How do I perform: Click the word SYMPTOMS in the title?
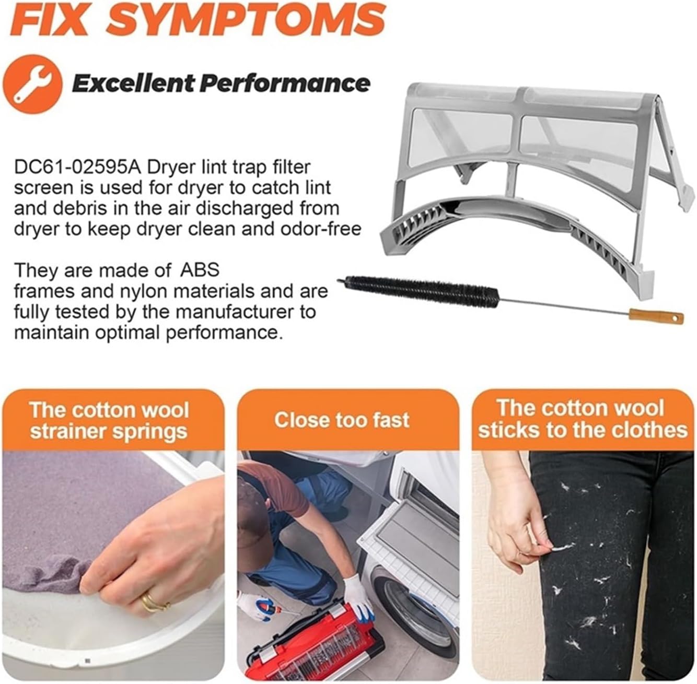tap(248, 20)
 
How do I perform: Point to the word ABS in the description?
tap(200, 270)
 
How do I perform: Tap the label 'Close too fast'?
tap(342, 420)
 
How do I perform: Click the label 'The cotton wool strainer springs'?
tap(109, 421)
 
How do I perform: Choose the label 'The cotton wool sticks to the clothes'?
tap(583, 419)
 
